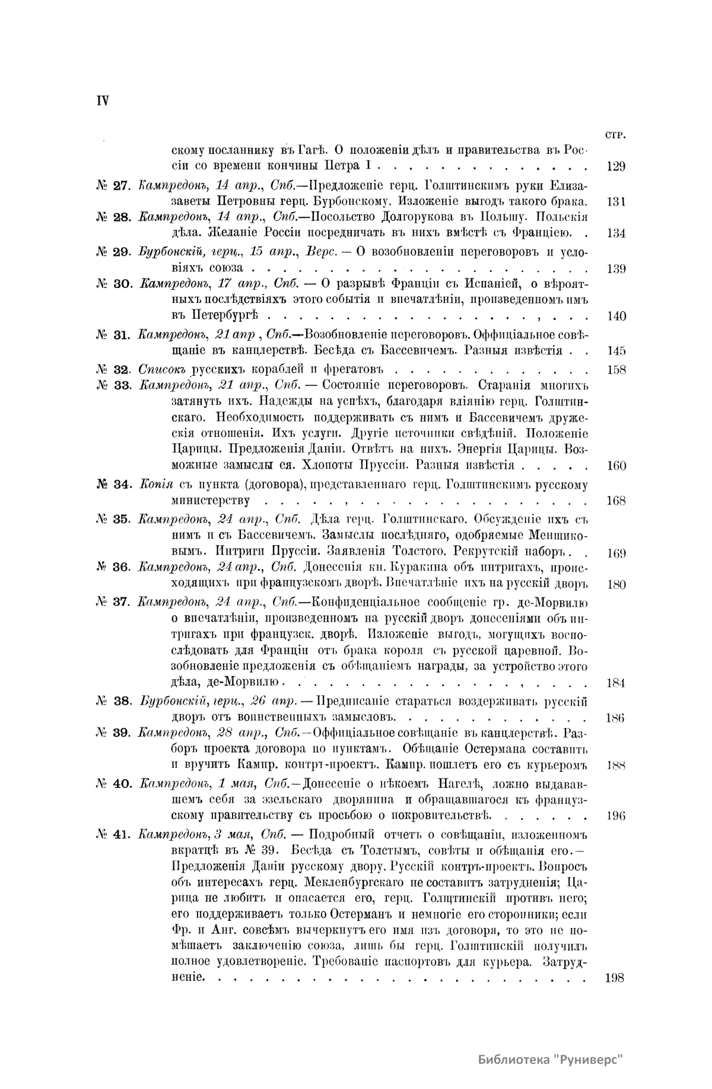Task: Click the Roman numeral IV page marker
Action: (x=102, y=100)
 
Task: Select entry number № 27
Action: (x=113, y=185)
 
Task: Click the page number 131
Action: (x=616, y=201)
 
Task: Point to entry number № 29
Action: (x=113, y=252)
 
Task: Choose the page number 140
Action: (x=616, y=316)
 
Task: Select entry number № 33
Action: (x=113, y=385)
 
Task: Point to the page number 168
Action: (x=616, y=501)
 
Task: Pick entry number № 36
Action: (x=113, y=566)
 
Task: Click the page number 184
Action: (x=616, y=683)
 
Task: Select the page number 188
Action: (x=616, y=765)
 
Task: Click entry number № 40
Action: (x=113, y=783)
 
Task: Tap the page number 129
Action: (x=616, y=166)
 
